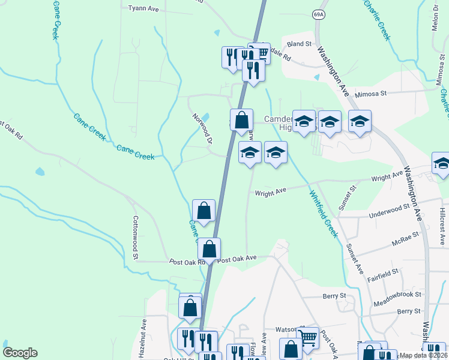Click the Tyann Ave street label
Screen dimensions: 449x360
click(143, 9)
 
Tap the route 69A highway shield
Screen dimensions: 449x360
click(318, 15)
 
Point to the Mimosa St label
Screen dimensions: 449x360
click(372, 94)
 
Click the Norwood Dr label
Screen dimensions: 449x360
click(203, 129)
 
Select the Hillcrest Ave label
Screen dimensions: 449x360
click(442, 222)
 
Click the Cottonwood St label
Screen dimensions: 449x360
click(136, 238)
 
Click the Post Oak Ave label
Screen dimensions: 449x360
click(237, 259)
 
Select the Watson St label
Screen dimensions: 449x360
click(287, 329)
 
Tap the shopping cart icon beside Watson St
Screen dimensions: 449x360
click(308, 337)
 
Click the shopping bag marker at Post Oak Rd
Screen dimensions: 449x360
click(209, 249)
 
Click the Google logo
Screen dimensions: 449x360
click(20, 353)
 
